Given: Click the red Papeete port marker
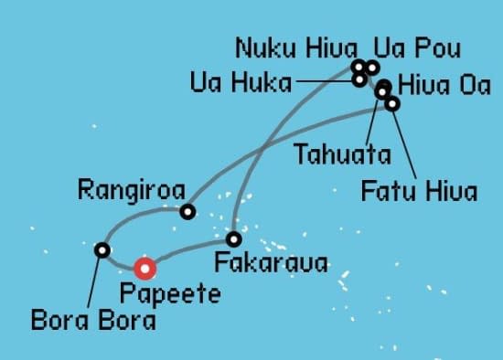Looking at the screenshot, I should point(144,268).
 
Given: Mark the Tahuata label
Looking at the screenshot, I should point(342,154).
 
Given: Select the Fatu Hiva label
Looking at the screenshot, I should point(419,192).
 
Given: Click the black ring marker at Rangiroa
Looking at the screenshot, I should point(187,212).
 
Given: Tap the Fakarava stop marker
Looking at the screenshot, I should point(234,239).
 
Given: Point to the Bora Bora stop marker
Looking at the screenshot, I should point(102,249).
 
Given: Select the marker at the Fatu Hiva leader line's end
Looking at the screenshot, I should point(392,103).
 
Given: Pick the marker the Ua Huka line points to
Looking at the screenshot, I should point(359,79).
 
